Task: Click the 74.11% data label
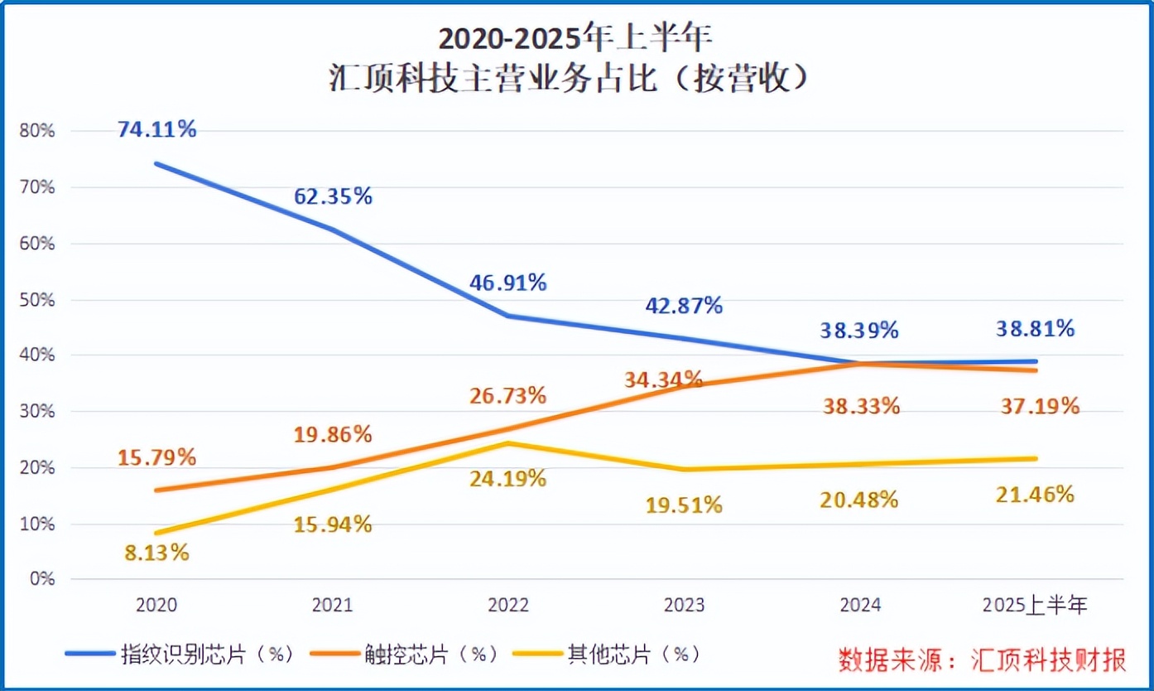(156, 129)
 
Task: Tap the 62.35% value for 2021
(333, 197)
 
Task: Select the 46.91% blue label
(507, 283)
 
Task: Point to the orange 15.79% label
(156, 457)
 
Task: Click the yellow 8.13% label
(156, 553)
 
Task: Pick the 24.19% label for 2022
(507, 479)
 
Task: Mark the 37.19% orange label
(1040, 406)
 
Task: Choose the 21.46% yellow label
(1035, 495)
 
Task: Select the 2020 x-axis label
(156, 606)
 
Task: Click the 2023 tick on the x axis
(684, 606)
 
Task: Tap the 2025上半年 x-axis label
(1034, 606)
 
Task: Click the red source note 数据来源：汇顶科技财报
(982, 660)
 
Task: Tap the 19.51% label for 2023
(684, 505)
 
